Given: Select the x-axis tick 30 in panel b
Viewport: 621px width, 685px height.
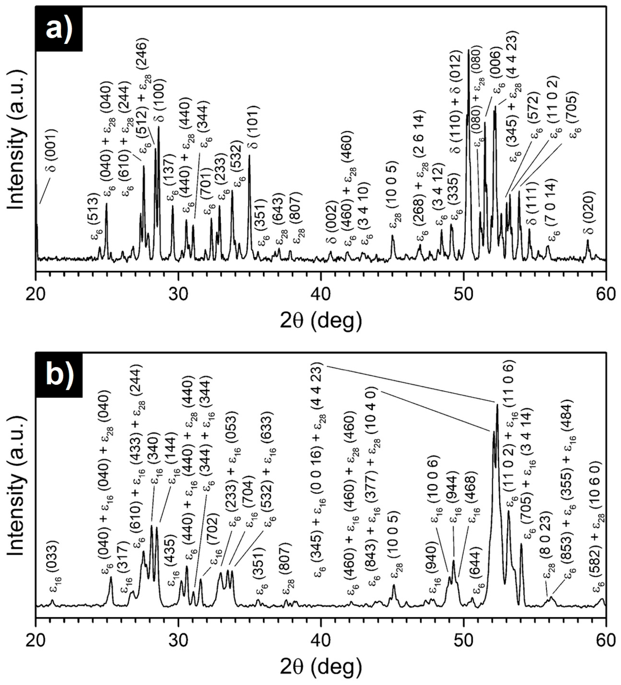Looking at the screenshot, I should point(178,641).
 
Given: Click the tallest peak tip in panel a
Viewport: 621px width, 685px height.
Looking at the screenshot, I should point(469,50).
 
